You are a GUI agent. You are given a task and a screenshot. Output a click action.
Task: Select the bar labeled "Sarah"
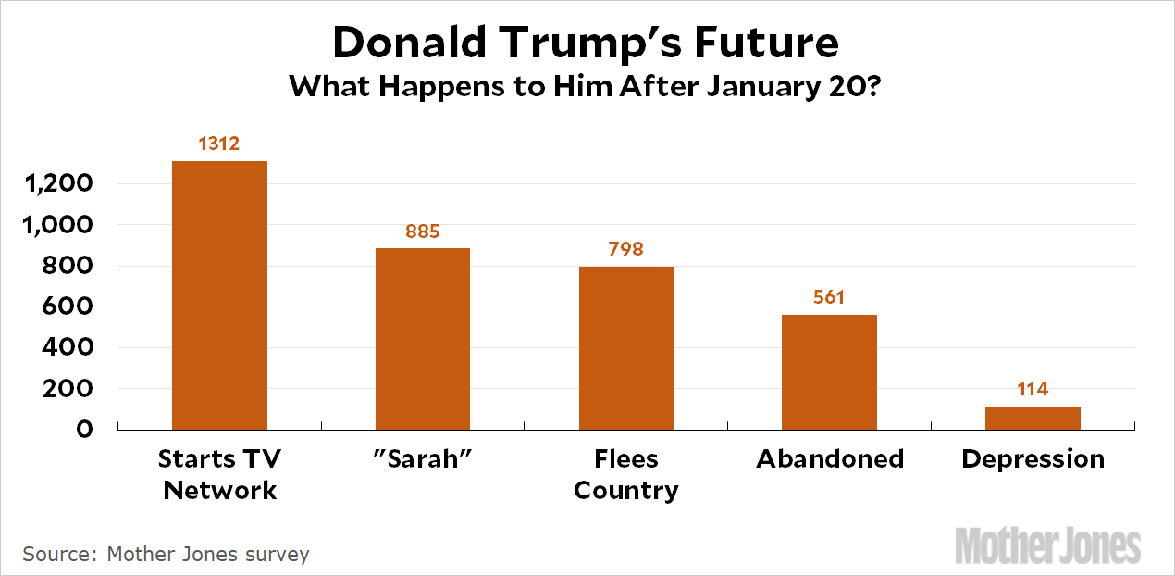pyautogui.click(x=423, y=338)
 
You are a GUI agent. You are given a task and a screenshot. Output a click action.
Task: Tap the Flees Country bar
pyautogui.click(x=626, y=347)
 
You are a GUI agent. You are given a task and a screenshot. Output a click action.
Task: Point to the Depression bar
pyautogui.click(x=1033, y=418)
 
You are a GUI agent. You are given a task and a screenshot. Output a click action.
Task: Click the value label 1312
pyautogui.click(x=219, y=144)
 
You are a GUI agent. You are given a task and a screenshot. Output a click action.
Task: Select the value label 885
pyautogui.click(x=423, y=231)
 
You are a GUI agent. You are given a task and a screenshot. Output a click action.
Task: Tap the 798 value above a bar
pyautogui.click(x=626, y=249)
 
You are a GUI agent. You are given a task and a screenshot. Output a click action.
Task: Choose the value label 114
pyautogui.click(x=1033, y=389)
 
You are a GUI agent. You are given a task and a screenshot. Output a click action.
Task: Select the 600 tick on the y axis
pyautogui.click(x=68, y=307)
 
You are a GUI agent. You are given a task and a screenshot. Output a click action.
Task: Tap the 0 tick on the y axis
pyautogui.click(x=85, y=430)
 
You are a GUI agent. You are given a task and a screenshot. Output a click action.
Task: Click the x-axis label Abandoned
pyautogui.click(x=830, y=459)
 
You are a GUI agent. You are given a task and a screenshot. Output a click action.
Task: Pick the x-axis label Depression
pyautogui.click(x=1033, y=459)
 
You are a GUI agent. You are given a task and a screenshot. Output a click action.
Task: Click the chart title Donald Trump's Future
pyautogui.click(x=586, y=43)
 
